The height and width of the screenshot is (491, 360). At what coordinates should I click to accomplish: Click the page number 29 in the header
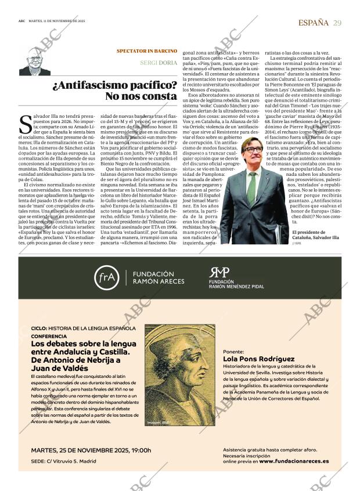point(337,23)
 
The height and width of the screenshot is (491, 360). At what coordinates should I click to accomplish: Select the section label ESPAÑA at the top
point(312,23)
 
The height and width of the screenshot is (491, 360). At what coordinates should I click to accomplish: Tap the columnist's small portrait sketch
point(34,61)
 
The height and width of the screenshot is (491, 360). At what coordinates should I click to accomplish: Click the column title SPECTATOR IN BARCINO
point(146,51)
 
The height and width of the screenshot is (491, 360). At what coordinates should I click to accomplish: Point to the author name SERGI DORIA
point(159,63)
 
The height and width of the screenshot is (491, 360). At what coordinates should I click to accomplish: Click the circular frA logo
point(108,278)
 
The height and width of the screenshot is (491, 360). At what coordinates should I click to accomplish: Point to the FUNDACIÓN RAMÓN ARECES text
point(158,277)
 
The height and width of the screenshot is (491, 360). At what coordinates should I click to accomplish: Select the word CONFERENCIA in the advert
point(49,336)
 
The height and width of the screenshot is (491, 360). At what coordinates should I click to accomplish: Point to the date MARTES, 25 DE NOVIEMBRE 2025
point(91,450)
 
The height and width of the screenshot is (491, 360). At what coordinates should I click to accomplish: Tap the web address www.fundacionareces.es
point(294,461)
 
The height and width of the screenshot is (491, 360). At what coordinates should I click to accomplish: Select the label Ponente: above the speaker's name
point(233,352)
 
